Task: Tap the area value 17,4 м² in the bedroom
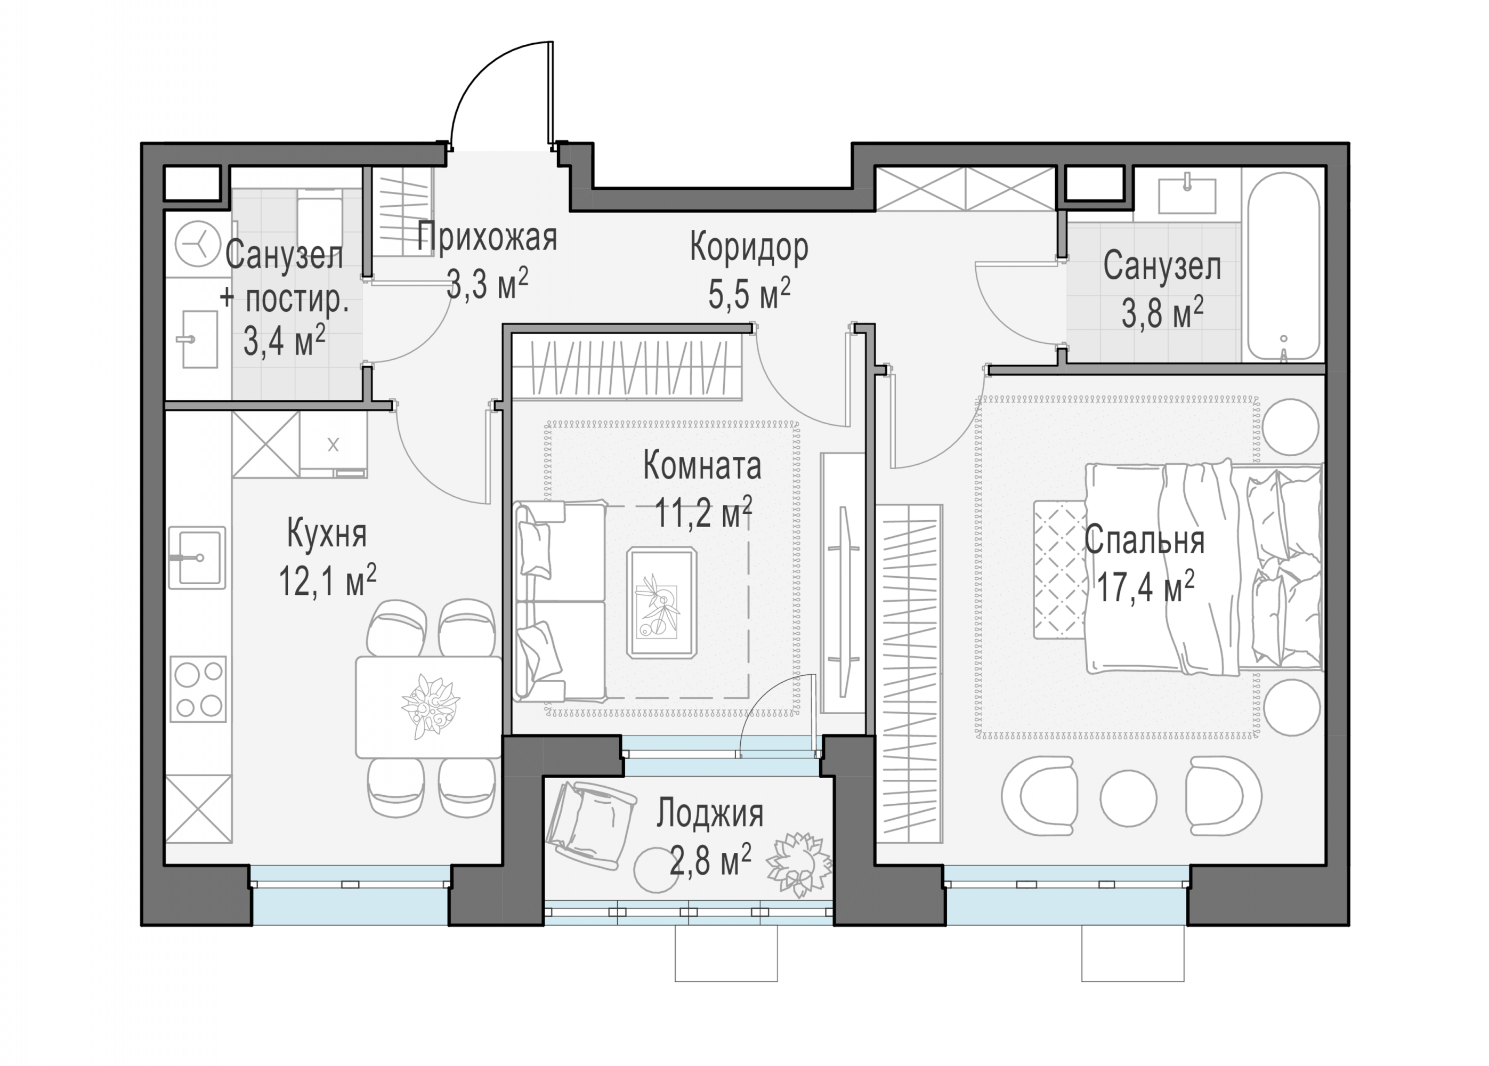[1145, 587]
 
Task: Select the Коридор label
[749, 249]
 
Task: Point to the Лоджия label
[710, 813]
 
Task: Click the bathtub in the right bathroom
[1283, 266]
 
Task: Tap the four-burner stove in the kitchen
[198, 689]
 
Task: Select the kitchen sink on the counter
[197, 558]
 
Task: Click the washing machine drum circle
[198, 244]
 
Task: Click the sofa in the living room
[560, 601]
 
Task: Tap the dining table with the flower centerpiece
[428, 707]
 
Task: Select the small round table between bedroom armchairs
[1128, 797]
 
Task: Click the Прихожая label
[487, 237]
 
